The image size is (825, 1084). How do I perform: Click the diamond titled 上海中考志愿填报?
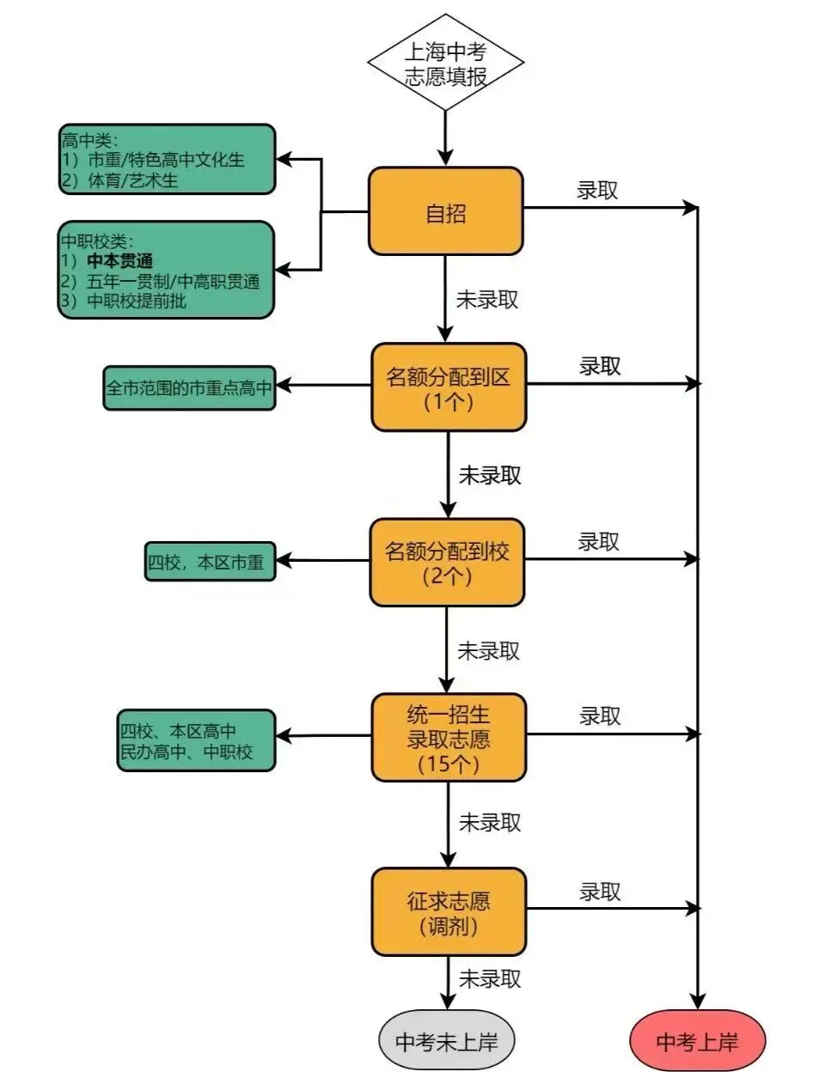point(445,64)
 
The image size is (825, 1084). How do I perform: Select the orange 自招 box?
point(445,212)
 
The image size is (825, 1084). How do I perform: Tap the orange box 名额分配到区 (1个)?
point(448,387)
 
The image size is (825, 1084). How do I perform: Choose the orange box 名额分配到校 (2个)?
point(447,563)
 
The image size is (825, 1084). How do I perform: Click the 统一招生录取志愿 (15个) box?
point(448,738)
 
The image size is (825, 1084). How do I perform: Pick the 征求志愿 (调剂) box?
point(448,912)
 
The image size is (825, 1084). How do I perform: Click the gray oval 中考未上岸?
point(447,1041)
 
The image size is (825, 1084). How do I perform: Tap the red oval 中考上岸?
point(697,1041)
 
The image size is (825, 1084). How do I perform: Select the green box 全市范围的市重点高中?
point(189,388)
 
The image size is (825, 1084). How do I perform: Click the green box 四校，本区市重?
point(210,563)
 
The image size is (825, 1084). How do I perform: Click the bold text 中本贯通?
point(120,261)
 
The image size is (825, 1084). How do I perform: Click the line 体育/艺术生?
point(133,180)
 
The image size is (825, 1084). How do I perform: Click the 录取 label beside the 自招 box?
point(597,191)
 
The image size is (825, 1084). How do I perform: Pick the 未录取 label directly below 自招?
point(486,300)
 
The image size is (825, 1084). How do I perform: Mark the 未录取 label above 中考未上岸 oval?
point(489,978)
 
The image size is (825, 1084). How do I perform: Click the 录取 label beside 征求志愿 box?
point(599,892)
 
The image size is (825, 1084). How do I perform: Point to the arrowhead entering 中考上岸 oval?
point(697,1002)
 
